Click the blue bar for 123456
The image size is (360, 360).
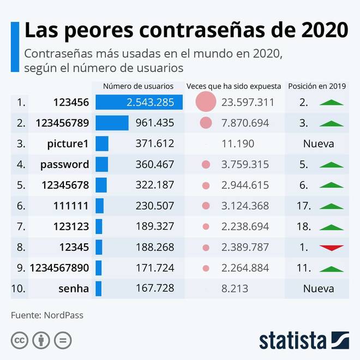(x=135, y=102)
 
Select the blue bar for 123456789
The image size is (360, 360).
(x=112, y=123)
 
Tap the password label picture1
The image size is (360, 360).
(x=68, y=143)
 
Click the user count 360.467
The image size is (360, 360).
(x=154, y=164)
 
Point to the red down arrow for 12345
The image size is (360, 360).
(x=332, y=248)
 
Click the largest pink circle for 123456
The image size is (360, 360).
(x=206, y=102)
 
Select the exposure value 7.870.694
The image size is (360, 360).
(x=245, y=123)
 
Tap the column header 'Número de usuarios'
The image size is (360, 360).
(x=138, y=86)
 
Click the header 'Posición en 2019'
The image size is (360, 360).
(x=317, y=86)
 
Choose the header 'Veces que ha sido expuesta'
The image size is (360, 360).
(x=233, y=86)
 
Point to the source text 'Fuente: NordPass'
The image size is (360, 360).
(x=47, y=315)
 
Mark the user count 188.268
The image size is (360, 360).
(x=154, y=247)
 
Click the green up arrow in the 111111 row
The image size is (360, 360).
(x=332, y=206)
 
